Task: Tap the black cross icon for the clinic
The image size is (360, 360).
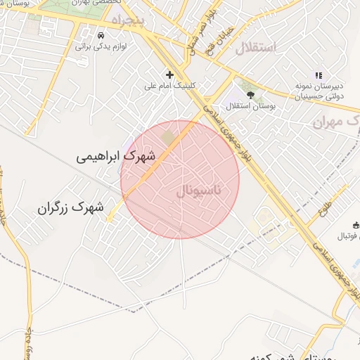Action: [169, 74]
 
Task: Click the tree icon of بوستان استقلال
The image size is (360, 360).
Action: [249, 92]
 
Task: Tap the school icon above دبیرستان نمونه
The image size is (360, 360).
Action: [318, 75]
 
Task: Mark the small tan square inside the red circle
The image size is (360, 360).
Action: [167, 134]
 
